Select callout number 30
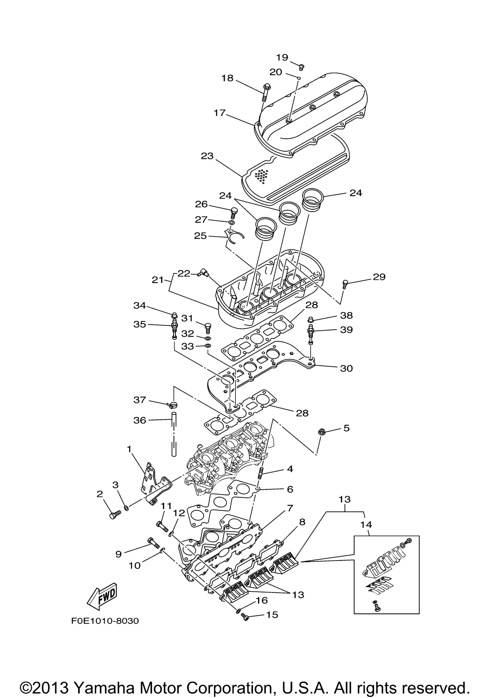pos(346,368)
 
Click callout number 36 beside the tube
pos(140,420)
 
